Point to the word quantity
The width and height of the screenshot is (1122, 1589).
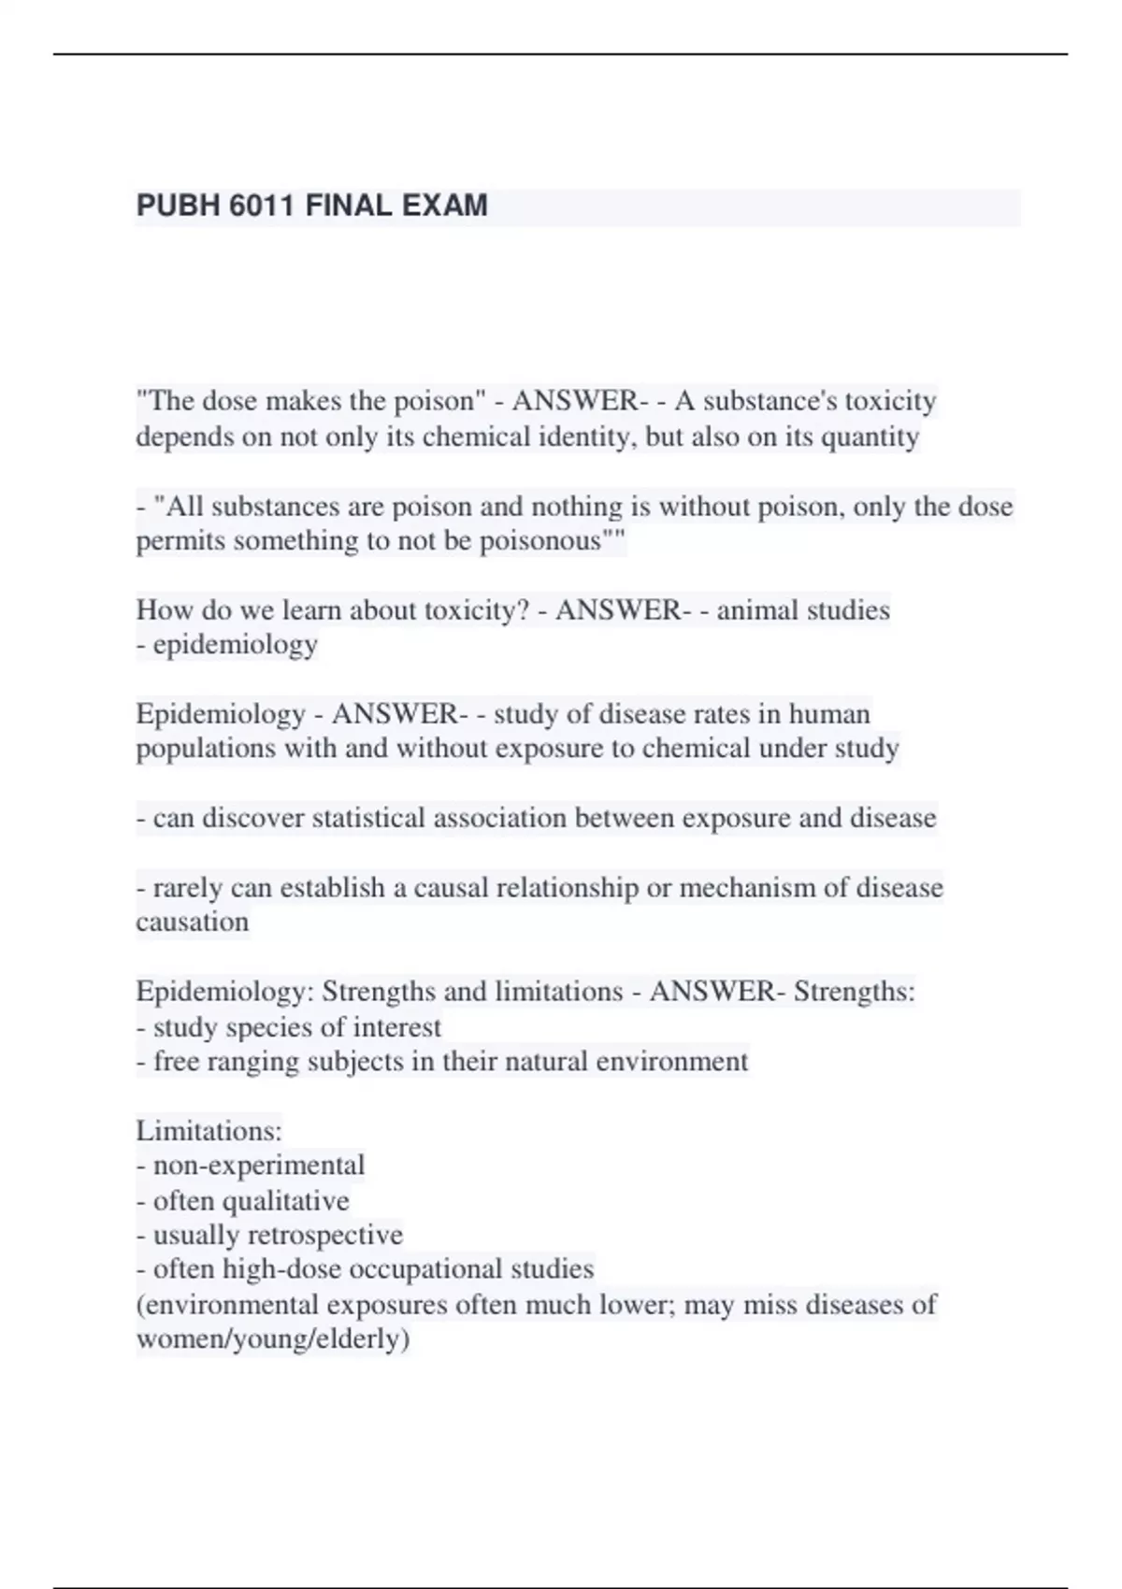click(x=870, y=437)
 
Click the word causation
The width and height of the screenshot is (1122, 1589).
click(x=193, y=923)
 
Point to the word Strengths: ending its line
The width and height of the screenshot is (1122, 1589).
click(x=855, y=991)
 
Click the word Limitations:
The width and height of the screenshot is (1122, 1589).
click(x=209, y=1131)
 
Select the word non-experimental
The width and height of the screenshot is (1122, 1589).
click(x=259, y=1166)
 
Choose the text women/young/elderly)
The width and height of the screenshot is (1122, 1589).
click(x=273, y=1339)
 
